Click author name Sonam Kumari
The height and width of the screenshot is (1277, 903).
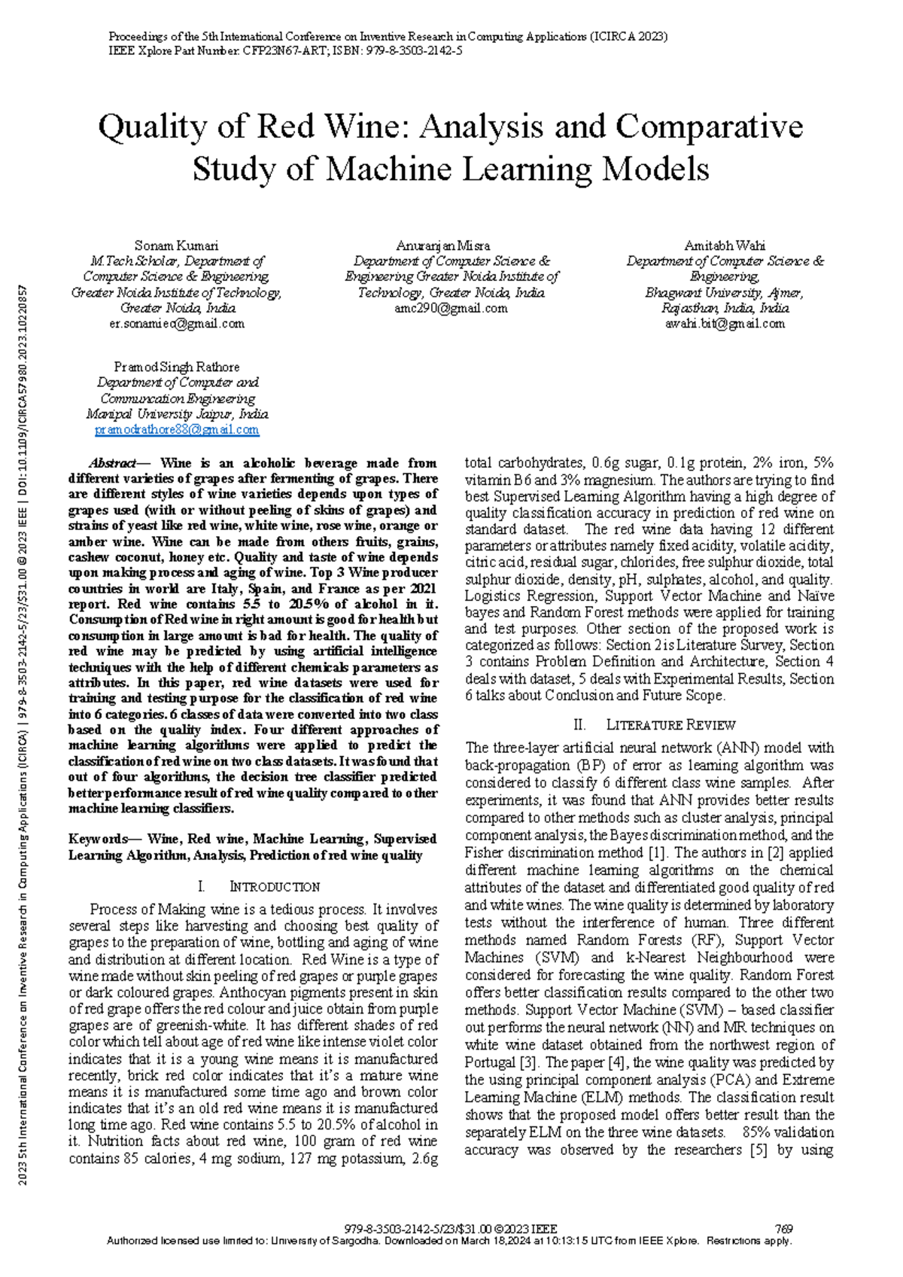tap(176, 245)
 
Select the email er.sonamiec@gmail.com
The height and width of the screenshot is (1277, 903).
tap(176, 324)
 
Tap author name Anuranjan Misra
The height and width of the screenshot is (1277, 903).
tap(442, 245)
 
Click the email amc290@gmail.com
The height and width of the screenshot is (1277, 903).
tap(451, 308)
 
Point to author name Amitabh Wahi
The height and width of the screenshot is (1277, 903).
tap(724, 245)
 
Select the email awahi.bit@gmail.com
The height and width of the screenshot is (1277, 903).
tap(724, 324)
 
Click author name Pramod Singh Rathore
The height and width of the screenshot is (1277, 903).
tap(176, 367)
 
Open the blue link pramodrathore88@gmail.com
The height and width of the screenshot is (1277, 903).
tap(176, 430)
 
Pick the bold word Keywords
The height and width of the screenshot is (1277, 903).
tap(98, 839)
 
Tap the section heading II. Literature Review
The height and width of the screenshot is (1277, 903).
tap(653, 724)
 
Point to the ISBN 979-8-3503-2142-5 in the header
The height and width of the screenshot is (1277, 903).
tap(414, 51)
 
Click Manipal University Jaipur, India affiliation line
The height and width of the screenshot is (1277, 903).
tap(176, 414)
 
